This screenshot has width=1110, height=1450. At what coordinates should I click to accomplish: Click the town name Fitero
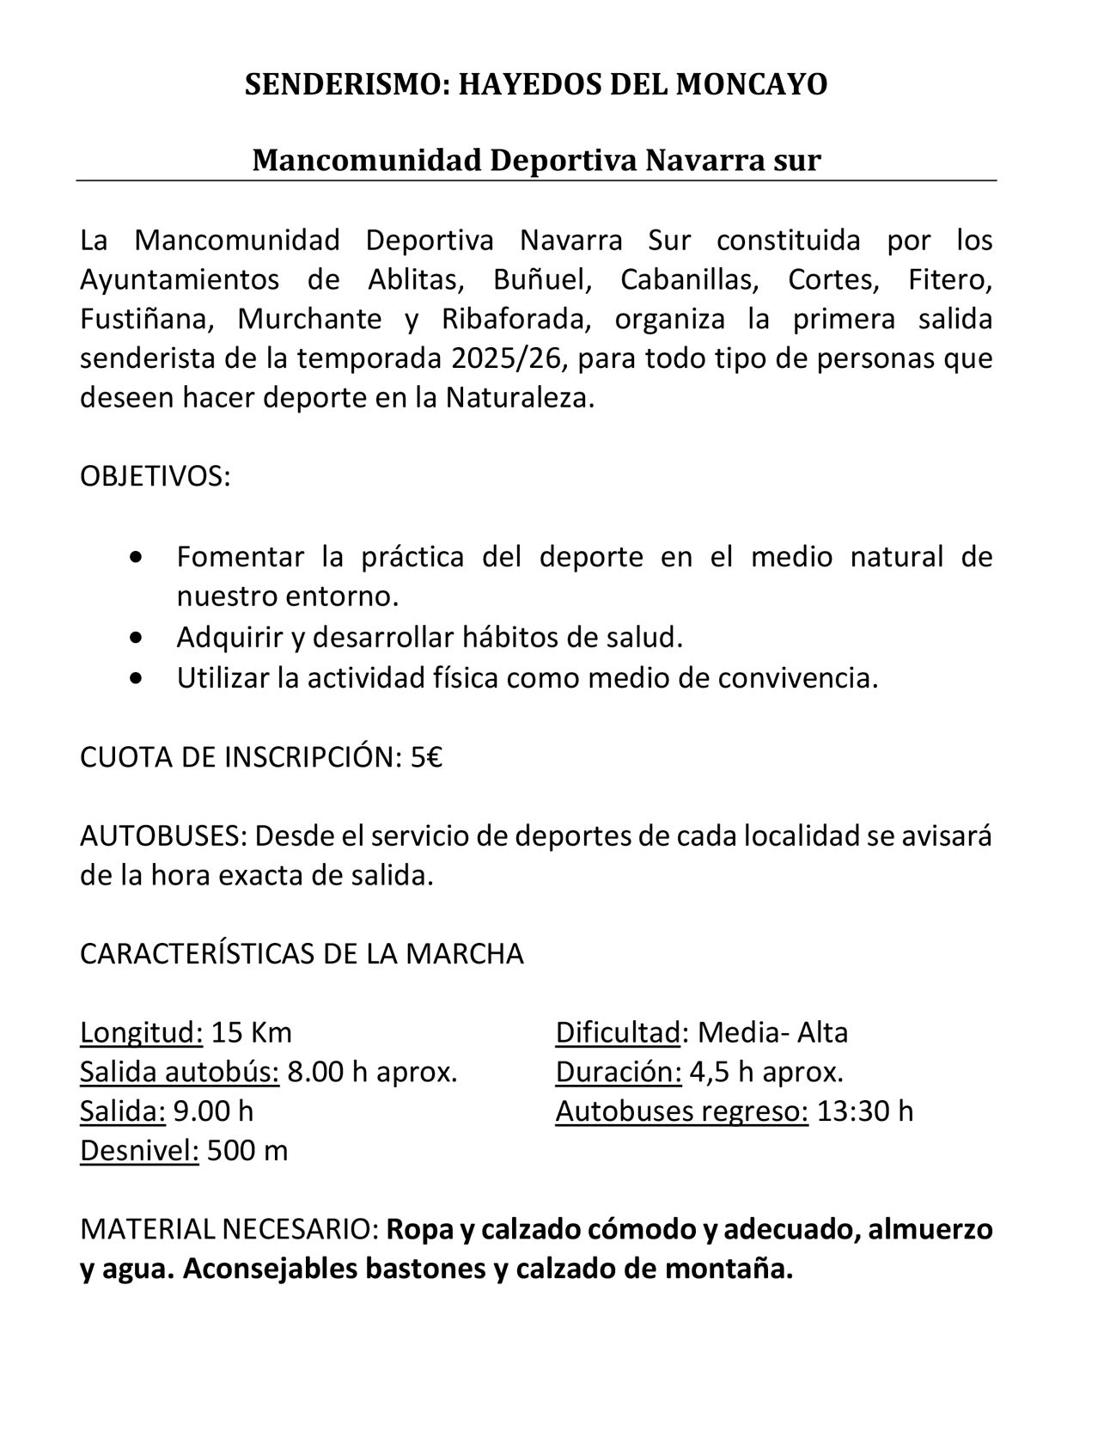pos(950,279)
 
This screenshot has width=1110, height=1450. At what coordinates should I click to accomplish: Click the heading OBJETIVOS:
pos(156,476)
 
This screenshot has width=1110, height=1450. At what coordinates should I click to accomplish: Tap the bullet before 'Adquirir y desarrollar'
pos(136,638)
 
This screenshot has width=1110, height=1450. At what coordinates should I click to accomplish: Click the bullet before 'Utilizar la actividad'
pos(136,677)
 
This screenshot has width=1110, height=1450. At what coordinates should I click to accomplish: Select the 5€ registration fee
pos(426,757)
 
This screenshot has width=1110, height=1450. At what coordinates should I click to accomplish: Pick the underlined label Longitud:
pos(142,1032)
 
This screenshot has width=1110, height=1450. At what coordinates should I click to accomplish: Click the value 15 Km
pos(252,1032)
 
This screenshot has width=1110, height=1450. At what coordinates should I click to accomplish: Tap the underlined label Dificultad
pos(618,1032)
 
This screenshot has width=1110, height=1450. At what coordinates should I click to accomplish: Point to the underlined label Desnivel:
pos(139,1151)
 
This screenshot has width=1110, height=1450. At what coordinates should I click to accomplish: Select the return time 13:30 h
pos(865,1111)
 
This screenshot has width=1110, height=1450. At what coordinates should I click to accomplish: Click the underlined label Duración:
pos(619,1072)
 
